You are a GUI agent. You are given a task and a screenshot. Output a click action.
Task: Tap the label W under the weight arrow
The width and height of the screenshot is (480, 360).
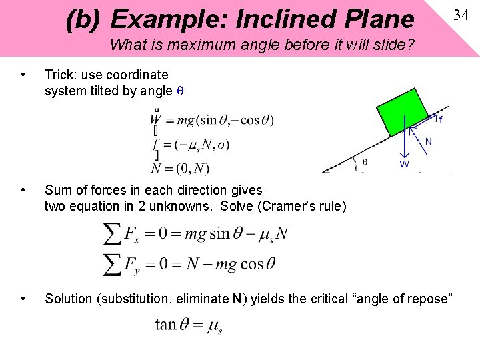[404, 164]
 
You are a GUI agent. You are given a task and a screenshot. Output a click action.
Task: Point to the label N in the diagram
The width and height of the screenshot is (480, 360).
[428, 141]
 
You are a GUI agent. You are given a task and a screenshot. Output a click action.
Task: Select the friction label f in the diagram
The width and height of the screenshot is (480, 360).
[441, 120]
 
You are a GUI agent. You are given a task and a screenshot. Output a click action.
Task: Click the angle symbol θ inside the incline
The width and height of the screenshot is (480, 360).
[364, 161]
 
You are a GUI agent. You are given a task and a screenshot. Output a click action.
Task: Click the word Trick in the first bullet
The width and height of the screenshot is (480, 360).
[60, 75]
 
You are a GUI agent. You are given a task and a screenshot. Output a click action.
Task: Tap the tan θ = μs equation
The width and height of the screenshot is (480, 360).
[189, 325]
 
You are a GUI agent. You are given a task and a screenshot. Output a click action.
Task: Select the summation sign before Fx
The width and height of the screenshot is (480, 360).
[112, 234]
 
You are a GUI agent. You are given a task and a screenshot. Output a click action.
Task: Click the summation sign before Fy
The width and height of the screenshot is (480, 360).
[112, 263]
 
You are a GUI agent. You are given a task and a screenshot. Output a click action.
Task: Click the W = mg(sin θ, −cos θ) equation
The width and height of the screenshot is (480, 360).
[211, 121]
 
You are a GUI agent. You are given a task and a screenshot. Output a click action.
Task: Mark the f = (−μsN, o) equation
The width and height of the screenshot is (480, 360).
[190, 144]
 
